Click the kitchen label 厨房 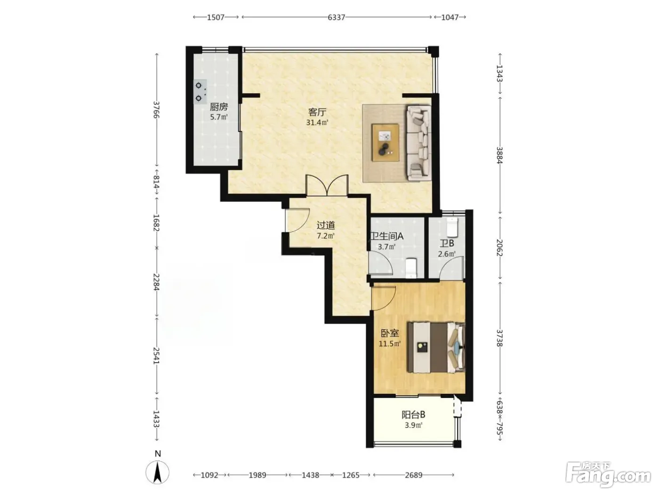pos(218,107)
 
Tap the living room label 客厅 pos(317,112)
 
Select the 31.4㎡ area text pos(317,122)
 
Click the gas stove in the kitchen pos(200,92)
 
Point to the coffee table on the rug pos(386,143)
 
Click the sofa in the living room pos(418,143)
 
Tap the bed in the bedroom pos(436,347)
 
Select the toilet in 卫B pos(452,227)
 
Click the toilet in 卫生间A pos(411,268)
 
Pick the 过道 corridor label pos(326,225)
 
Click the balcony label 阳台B pos(413,415)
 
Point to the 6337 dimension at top pos(336,17)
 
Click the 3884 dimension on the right pos(499,155)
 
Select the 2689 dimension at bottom pos(413,475)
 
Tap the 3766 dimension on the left pos(156,110)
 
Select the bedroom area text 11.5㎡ pos(389,344)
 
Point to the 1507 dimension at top pos(216,17)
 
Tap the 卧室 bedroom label pos(390,333)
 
